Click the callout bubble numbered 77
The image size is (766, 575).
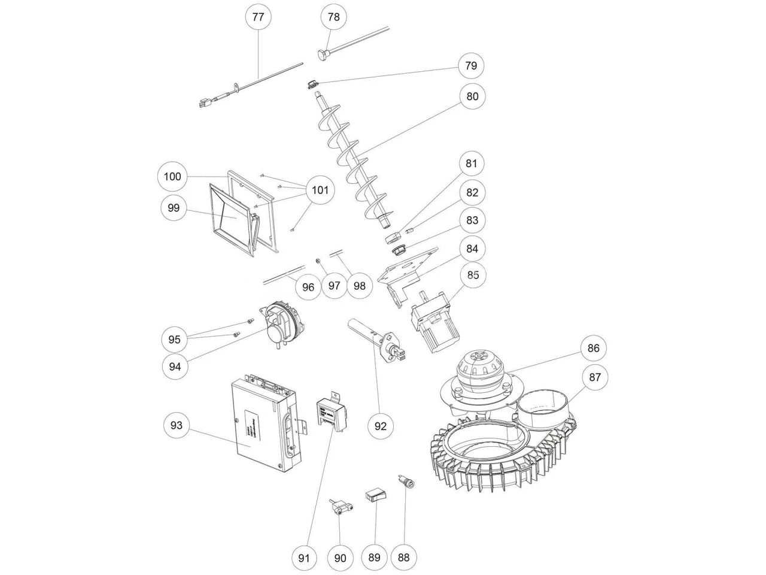258,17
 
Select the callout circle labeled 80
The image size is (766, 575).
473,96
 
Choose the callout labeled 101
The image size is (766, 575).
320,190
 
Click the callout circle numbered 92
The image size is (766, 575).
381,426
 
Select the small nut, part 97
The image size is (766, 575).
319,261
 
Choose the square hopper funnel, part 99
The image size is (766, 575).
233,219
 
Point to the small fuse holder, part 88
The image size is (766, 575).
403,481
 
